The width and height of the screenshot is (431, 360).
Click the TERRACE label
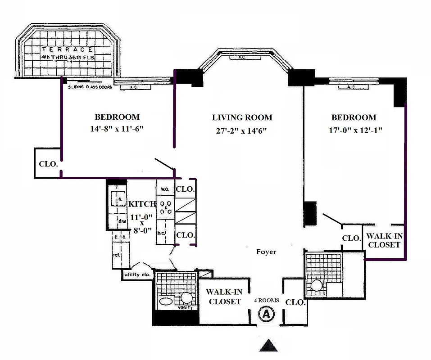(x=68, y=49)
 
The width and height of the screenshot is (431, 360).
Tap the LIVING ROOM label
(x=242, y=118)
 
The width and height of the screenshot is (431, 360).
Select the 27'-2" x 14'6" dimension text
(x=242, y=131)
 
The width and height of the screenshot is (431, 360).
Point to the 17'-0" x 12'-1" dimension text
(x=354, y=131)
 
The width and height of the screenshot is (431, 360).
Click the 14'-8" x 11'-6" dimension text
(x=117, y=129)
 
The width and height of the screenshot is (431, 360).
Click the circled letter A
(x=266, y=313)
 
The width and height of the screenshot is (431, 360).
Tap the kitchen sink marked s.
(x=120, y=198)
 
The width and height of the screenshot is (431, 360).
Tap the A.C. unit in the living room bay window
(x=241, y=58)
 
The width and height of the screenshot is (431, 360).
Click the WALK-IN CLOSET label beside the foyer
(x=224, y=297)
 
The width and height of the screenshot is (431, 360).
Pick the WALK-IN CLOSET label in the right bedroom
(x=383, y=240)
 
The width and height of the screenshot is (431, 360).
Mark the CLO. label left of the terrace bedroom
(x=48, y=164)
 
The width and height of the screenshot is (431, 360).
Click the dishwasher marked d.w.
(x=121, y=221)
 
